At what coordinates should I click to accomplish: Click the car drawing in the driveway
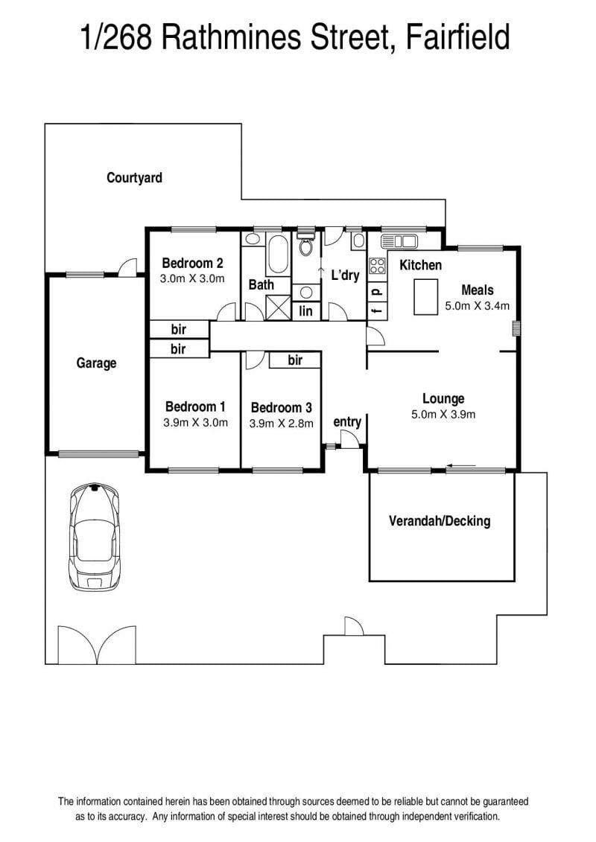[95, 537]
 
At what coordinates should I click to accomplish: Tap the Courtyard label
[134, 178]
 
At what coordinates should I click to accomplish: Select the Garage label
[96, 363]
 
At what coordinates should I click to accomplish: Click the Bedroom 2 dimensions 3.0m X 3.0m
[192, 278]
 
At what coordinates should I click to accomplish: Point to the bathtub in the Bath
[278, 254]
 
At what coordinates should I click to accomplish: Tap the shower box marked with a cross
[279, 307]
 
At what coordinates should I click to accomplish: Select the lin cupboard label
[305, 311]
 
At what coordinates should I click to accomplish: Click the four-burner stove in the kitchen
[377, 266]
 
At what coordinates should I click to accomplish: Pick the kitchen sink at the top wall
[399, 241]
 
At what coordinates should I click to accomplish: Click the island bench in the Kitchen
[425, 296]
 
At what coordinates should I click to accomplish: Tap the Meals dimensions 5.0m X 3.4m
[478, 306]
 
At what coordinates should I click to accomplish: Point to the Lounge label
[443, 398]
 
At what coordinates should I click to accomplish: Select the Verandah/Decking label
[440, 521]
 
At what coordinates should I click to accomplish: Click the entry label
[347, 422]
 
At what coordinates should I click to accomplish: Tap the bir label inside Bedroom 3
[295, 360]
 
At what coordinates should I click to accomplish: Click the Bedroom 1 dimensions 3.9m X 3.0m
[196, 423]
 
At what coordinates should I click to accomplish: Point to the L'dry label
[345, 275]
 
